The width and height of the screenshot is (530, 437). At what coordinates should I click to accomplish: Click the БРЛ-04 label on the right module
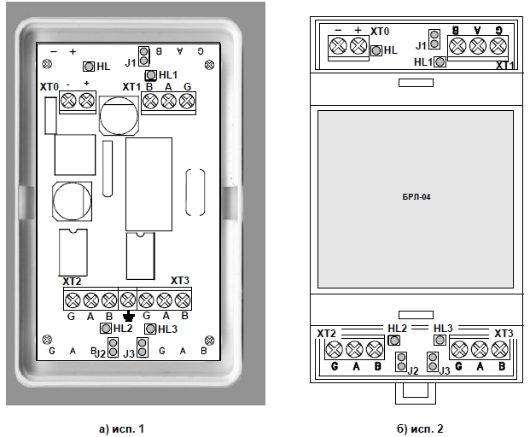[416, 197]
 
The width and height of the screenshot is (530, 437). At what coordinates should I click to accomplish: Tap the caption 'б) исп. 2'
[415, 427]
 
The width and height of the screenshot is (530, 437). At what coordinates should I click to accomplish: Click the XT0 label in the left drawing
[50, 87]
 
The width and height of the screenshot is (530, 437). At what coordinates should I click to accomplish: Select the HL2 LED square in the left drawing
[106, 328]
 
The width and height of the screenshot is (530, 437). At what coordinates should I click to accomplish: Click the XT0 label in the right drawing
[381, 31]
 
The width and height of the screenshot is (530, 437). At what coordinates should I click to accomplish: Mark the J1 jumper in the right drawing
[434, 39]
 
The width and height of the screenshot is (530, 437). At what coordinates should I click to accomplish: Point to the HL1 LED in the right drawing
[440, 61]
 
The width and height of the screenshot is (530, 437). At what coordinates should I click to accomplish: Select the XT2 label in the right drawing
[325, 333]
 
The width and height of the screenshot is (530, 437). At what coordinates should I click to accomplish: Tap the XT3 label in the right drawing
[504, 332]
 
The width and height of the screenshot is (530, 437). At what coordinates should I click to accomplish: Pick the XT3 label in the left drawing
[179, 281]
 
